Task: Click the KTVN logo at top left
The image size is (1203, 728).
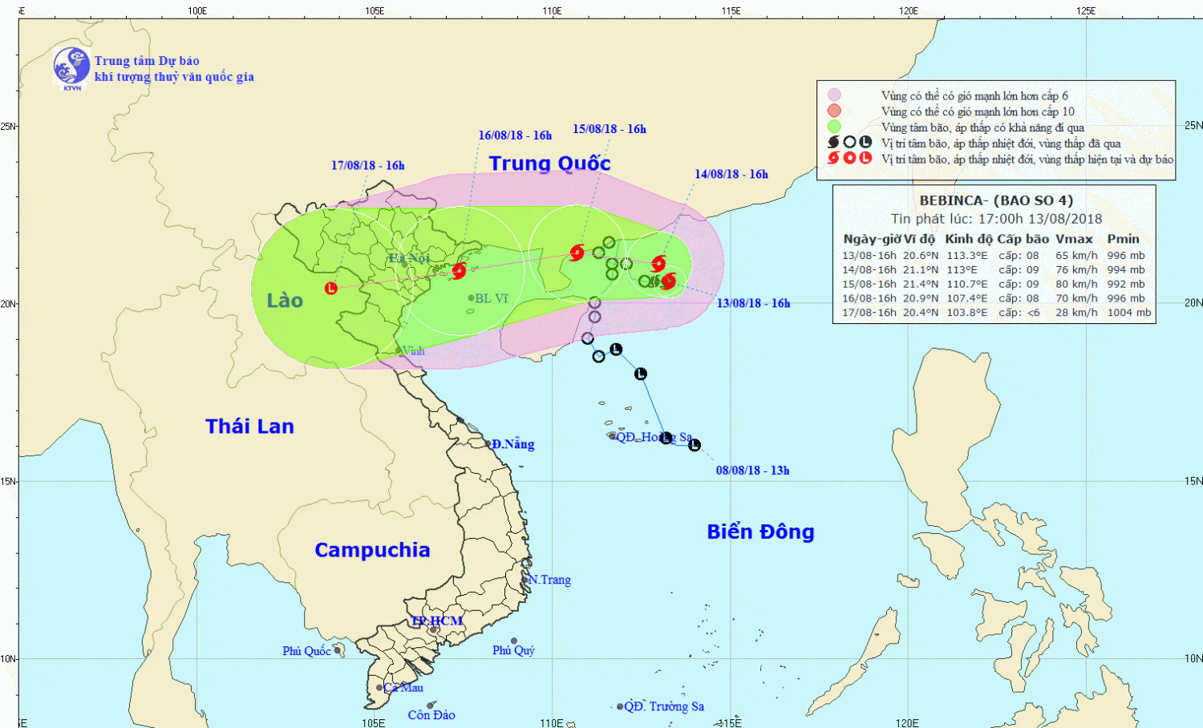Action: point(71,67)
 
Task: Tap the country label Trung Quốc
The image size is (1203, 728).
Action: point(549,164)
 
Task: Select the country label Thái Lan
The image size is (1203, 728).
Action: point(249,427)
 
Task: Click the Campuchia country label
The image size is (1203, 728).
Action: point(372,550)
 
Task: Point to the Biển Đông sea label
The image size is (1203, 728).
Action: point(760,532)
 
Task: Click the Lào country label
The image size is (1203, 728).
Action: point(285,301)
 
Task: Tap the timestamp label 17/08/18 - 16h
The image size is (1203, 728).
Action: point(367,166)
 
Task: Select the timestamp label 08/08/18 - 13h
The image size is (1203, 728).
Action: point(752,471)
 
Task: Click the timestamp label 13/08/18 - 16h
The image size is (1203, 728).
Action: point(753,303)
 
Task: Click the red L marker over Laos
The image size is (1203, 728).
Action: point(331,288)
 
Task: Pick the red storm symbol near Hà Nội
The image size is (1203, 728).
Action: point(459,271)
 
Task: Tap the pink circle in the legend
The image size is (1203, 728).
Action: point(834,95)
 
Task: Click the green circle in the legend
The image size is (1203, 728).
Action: point(834,127)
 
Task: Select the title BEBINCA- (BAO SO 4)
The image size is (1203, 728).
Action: point(996,200)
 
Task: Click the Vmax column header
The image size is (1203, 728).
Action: point(1074,239)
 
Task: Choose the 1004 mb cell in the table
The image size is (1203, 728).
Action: point(1128,313)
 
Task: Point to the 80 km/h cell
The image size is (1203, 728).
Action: point(1076,284)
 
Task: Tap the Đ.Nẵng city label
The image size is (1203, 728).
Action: point(512,444)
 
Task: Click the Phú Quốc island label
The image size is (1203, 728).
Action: point(306,651)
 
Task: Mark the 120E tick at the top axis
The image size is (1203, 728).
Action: point(908,10)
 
